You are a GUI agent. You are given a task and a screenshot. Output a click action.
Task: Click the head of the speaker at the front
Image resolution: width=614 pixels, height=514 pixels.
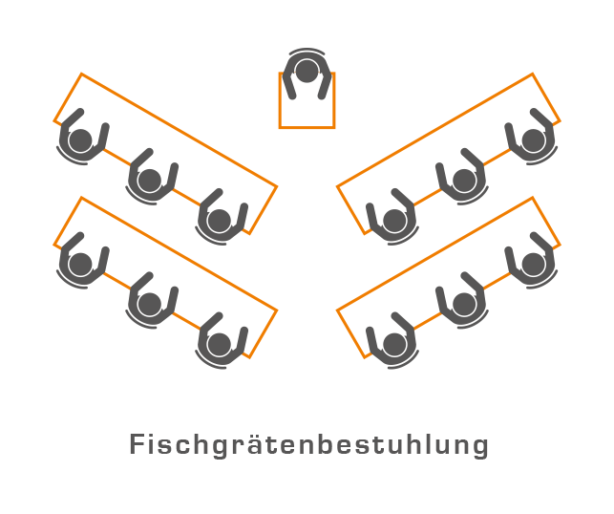(x=307, y=72)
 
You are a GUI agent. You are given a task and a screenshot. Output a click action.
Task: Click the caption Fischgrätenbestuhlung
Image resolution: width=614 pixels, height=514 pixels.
(x=308, y=445)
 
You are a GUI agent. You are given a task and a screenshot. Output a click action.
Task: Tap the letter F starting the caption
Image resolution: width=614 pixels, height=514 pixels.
(x=137, y=445)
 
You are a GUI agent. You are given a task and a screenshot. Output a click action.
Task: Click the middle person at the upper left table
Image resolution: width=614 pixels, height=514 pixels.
(x=150, y=180)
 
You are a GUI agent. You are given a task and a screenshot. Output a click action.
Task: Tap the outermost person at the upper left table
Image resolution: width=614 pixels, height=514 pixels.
(x=81, y=141)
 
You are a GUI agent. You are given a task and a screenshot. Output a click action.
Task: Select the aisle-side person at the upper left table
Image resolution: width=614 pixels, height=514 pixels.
(x=220, y=221)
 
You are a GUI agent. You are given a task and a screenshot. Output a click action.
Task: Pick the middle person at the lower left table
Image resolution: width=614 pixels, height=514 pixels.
(x=150, y=304)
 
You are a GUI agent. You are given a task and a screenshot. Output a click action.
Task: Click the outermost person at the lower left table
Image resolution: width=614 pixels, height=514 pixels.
(x=81, y=264)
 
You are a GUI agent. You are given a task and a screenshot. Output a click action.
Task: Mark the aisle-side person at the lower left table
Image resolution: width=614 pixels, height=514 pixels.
(x=220, y=344)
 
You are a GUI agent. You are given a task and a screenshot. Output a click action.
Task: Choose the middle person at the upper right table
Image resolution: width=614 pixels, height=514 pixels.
(x=464, y=180)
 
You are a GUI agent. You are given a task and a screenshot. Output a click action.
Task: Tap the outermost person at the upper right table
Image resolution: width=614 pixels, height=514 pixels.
(x=533, y=140)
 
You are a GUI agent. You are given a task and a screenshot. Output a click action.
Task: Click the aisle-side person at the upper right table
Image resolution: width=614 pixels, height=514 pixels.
(x=394, y=221)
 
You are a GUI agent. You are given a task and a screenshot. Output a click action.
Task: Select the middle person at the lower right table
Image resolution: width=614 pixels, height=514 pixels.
(x=464, y=304)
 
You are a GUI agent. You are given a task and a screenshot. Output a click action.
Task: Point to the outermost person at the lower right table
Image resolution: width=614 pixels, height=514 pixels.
(x=533, y=264)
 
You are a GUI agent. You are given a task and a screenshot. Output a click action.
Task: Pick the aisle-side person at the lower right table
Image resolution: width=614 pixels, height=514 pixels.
(x=394, y=344)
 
